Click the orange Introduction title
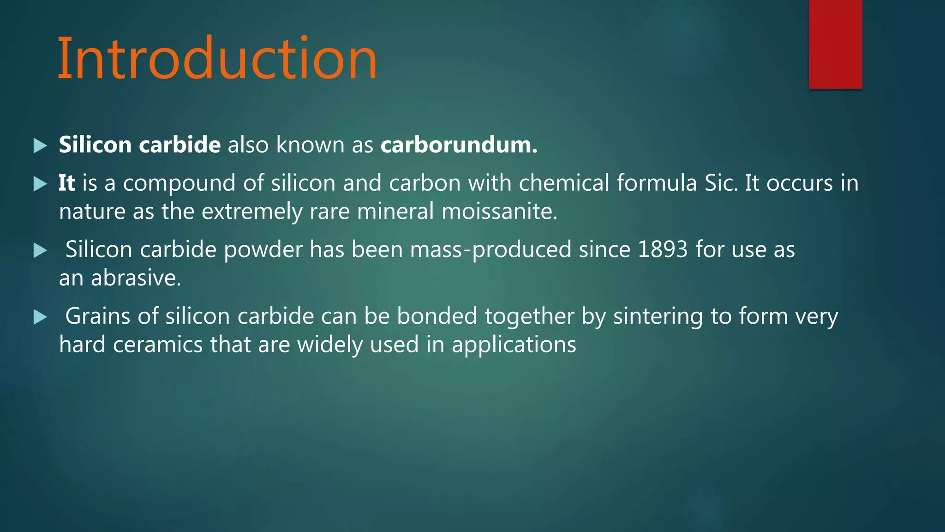pyautogui.click(x=217, y=59)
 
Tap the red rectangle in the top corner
pyautogui.click(x=835, y=44)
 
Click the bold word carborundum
pyautogui.click(x=459, y=145)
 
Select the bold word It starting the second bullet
pyautogui.click(x=66, y=183)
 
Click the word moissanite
pyautogui.click(x=499, y=212)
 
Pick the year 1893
pyautogui.click(x=663, y=249)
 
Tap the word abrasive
pyautogui.click(x=136, y=278)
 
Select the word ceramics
pyautogui.click(x=158, y=345)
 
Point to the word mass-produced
pyautogui.click(x=491, y=250)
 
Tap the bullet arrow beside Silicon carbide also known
pyautogui.click(x=41, y=146)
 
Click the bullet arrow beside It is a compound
pyautogui.click(x=41, y=184)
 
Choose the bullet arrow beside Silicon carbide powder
pyautogui.click(x=41, y=251)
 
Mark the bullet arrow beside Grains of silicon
pyautogui.click(x=41, y=317)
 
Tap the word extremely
pyautogui.click(x=252, y=212)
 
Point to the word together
pyautogui.click(x=529, y=317)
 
